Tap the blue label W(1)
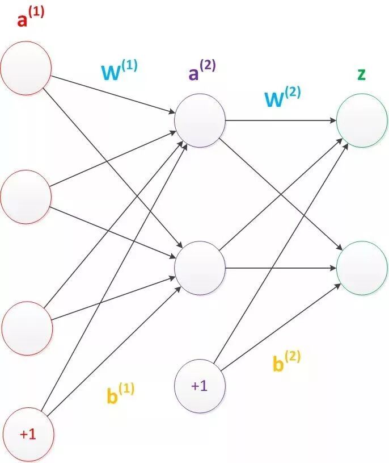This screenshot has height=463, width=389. [x=119, y=71]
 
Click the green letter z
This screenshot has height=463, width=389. [x=361, y=74]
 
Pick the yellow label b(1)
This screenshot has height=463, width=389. [x=120, y=393]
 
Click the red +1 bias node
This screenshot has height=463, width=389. [x=26, y=434]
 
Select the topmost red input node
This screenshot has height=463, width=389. [x=26, y=69]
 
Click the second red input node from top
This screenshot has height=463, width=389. [x=26, y=197]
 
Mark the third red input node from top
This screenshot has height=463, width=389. [x=26, y=328]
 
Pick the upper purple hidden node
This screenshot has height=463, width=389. [x=200, y=120]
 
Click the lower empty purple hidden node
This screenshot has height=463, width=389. [x=200, y=267]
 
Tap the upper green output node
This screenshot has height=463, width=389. [x=362, y=120]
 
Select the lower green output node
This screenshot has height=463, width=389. [x=362, y=267]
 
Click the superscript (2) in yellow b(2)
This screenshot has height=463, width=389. [x=293, y=356]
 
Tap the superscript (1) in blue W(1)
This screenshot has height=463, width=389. [x=129, y=66]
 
